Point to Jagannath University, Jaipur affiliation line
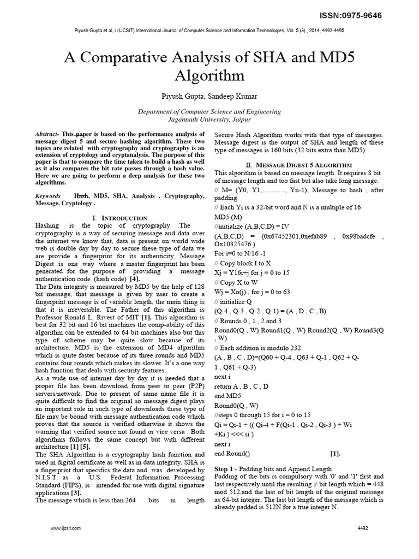(209, 120)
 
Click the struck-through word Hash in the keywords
(81, 195)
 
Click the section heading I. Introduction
(120, 218)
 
